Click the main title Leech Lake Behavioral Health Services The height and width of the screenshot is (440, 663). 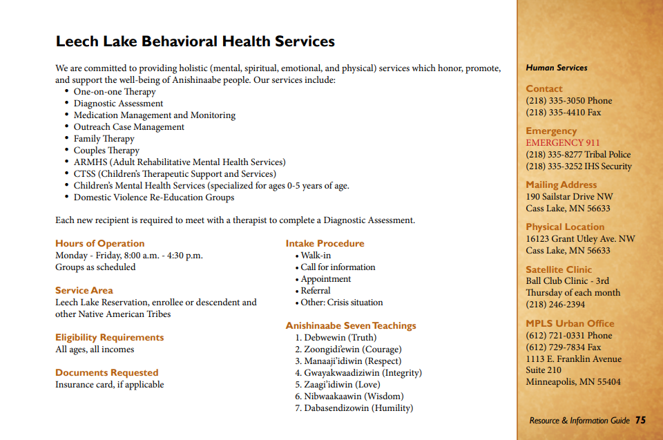(x=195, y=41)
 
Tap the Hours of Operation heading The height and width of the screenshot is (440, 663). (x=99, y=243)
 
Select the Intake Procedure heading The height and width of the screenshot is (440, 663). (x=325, y=243)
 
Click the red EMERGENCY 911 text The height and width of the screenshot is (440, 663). (x=564, y=143)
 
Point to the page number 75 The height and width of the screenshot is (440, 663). (x=640, y=420)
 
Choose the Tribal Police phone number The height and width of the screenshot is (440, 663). (x=578, y=155)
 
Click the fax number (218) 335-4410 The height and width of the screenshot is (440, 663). (x=563, y=113)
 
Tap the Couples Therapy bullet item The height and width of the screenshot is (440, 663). (x=106, y=151)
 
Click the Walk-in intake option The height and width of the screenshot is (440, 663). (x=316, y=256)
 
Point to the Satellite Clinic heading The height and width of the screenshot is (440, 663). (x=559, y=269)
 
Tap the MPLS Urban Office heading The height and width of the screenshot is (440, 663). (x=570, y=323)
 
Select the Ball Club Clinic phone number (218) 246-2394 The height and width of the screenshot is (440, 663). (x=555, y=305)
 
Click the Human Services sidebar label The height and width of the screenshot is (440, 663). (x=557, y=68)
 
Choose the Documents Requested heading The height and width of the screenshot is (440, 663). (x=106, y=372)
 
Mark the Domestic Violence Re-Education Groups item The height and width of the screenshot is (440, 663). (x=153, y=198)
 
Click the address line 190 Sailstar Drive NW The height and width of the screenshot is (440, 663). (x=569, y=197)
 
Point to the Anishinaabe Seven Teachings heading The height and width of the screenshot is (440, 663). (x=351, y=325)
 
